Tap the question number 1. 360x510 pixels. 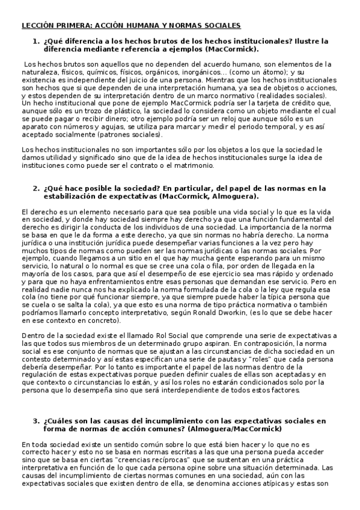click(35, 41)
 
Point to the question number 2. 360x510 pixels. click(35, 188)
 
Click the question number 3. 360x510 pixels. click(35, 420)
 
